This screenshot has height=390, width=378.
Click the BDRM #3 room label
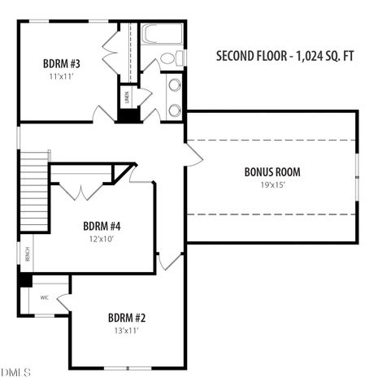[x=60, y=63]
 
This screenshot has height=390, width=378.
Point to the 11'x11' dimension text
[x=60, y=76]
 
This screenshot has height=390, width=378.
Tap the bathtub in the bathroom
[x=161, y=34]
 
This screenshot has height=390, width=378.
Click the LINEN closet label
[x=128, y=97]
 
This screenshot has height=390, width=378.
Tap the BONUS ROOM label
[x=272, y=172]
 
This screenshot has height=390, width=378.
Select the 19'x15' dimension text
[x=272, y=184]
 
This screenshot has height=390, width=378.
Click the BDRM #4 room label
[x=102, y=225]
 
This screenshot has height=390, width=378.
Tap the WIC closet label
[x=45, y=297]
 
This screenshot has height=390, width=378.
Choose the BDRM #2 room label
[x=126, y=318]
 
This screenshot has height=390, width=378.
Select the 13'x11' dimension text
[x=126, y=331]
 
